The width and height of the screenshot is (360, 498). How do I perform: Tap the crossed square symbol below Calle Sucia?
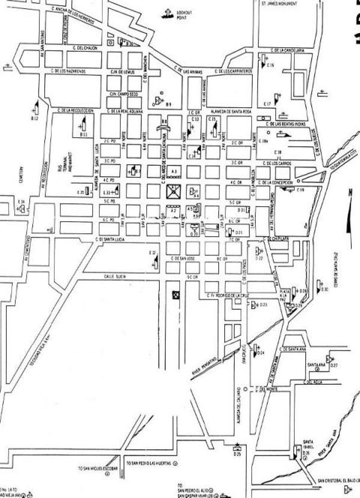(x=176, y=295)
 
